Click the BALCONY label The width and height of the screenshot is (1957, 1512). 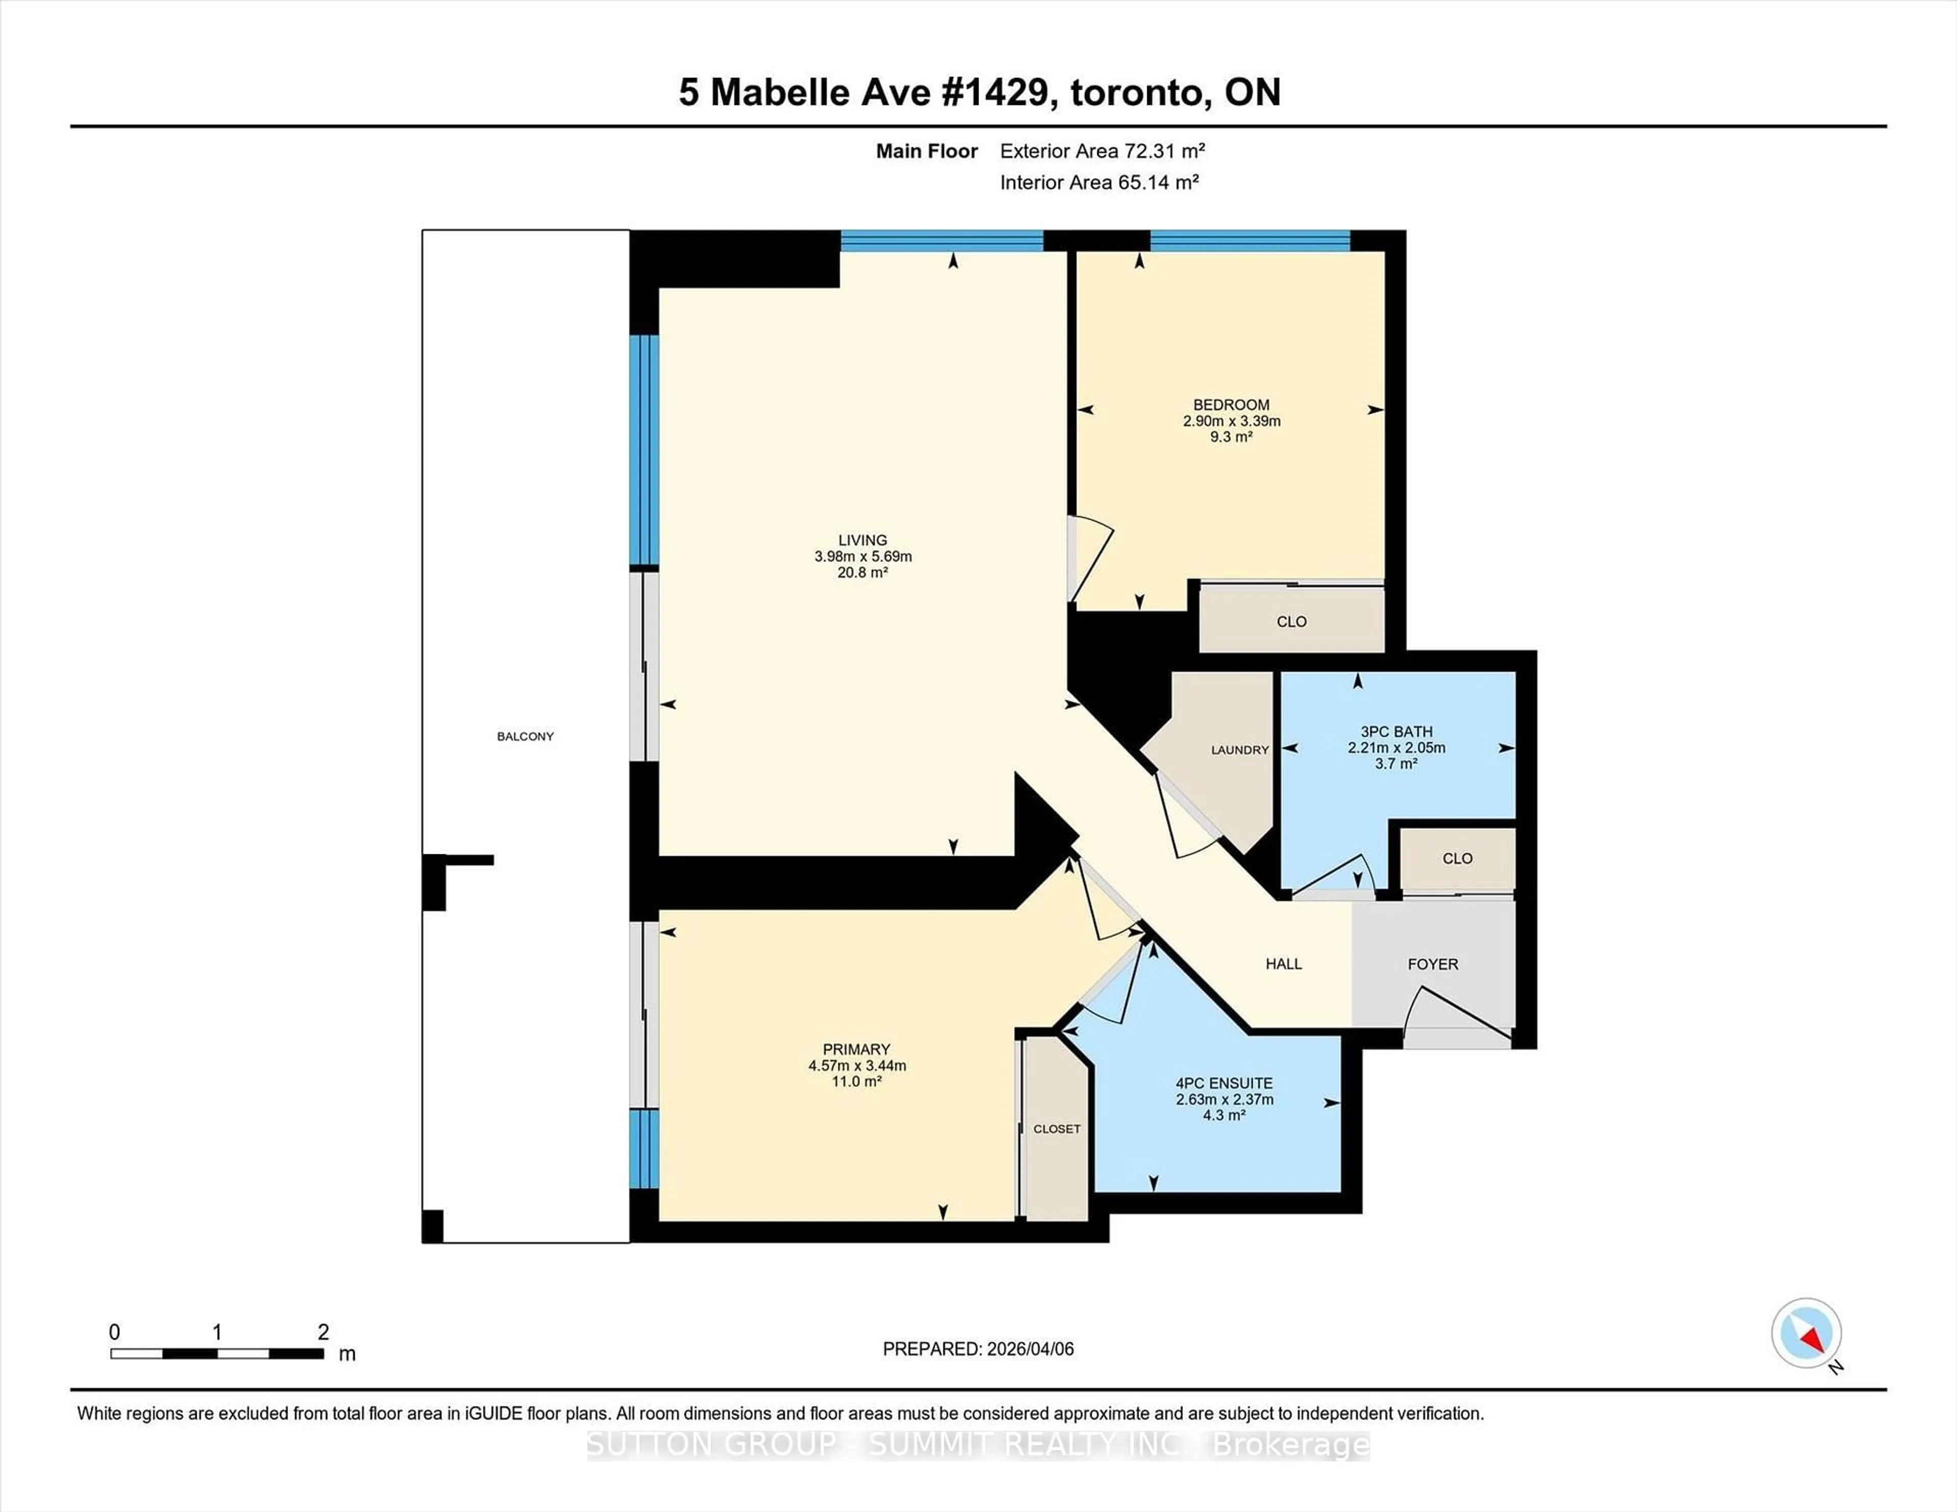click(x=525, y=736)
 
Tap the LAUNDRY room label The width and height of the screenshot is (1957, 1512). click(x=1239, y=750)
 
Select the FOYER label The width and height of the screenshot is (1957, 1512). click(x=1432, y=964)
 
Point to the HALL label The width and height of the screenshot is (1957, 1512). click(x=1283, y=964)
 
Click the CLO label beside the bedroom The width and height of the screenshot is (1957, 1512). click(x=1291, y=622)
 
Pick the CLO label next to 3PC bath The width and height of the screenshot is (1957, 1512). click(x=1457, y=858)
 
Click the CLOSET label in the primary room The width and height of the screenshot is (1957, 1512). click(x=1056, y=1128)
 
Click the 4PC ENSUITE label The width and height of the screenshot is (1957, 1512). click(x=1224, y=1083)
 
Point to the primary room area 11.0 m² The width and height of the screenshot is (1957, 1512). click(x=857, y=1081)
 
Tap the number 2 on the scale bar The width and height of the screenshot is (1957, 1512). click(x=324, y=1332)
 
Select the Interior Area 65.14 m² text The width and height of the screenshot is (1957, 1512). click(x=1099, y=183)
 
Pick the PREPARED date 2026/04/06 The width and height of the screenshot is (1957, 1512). click(x=1028, y=1349)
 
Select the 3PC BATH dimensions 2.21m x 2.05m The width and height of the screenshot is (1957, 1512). click(x=1396, y=748)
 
